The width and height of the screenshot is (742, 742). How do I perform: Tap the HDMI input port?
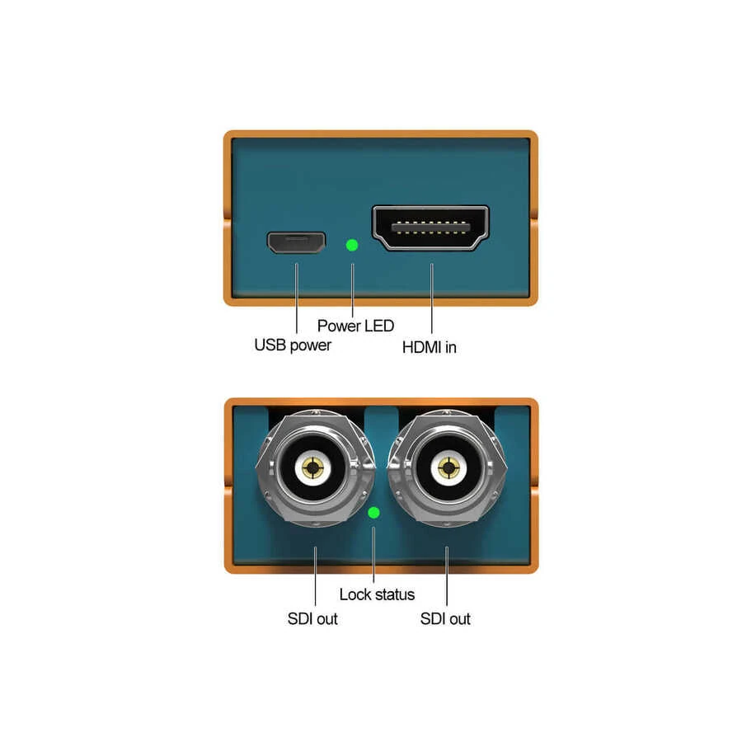[x=430, y=228]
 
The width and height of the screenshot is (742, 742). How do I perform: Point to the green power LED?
[x=352, y=245]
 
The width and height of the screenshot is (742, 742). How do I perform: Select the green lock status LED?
[x=373, y=513]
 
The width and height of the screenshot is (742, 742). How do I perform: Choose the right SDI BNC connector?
[x=448, y=469]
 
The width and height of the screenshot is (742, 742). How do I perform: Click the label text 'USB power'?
[x=293, y=345]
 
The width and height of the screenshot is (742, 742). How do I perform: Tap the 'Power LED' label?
[x=355, y=325]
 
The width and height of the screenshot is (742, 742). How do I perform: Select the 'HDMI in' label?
[x=429, y=347]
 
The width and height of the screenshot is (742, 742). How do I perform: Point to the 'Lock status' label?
[x=377, y=594]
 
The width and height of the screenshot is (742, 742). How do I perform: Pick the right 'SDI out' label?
[x=445, y=618]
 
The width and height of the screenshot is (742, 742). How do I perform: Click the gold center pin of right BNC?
[x=448, y=469]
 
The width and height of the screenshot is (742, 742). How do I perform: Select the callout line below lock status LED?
[x=374, y=554]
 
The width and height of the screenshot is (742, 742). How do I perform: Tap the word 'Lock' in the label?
[x=355, y=594]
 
